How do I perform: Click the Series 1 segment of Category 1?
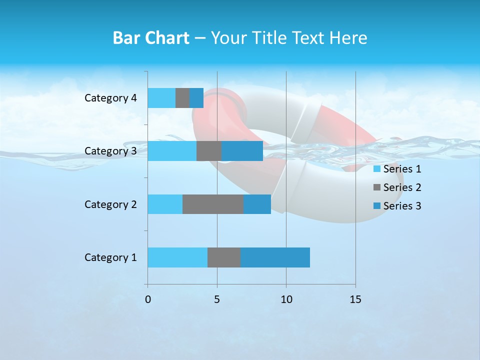pos(177,257)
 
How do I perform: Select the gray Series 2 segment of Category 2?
pos(213,204)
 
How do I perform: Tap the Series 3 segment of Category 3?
pos(242,151)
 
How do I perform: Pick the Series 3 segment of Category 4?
pos(196,98)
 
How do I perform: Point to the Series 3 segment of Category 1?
pos(275,257)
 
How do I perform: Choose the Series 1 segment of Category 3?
pos(172,151)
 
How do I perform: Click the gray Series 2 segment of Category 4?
pos(182,98)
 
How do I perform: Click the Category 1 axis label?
pos(110,257)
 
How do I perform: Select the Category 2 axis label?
pos(110,204)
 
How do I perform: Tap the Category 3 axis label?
pos(110,151)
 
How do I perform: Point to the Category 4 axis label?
pos(110,98)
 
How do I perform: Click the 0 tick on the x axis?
pos(148,299)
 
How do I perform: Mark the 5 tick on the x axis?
pos(217,299)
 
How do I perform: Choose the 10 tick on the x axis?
pos(286,299)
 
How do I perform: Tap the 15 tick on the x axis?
pos(355,299)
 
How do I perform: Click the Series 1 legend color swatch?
pos(377,169)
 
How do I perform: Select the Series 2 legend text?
pos(402,187)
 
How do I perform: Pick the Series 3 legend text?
pos(402,206)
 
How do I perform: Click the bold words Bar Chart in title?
pos(151,38)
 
